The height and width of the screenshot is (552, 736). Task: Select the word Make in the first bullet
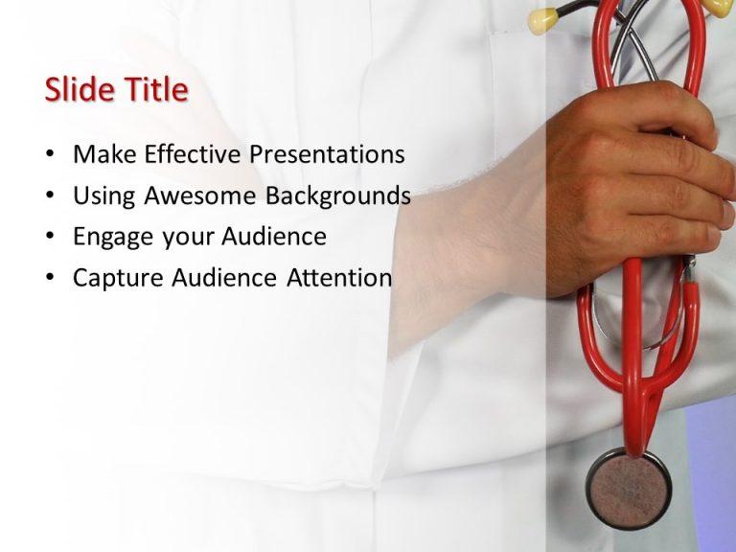pyautogui.click(x=101, y=154)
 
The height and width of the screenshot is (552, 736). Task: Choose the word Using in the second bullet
pyautogui.click(x=104, y=196)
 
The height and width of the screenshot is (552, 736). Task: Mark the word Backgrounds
pyautogui.click(x=338, y=196)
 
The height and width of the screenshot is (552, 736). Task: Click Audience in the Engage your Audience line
pyautogui.click(x=274, y=237)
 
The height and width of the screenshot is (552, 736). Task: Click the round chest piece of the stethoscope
pyautogui.click(x=629, y=489)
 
